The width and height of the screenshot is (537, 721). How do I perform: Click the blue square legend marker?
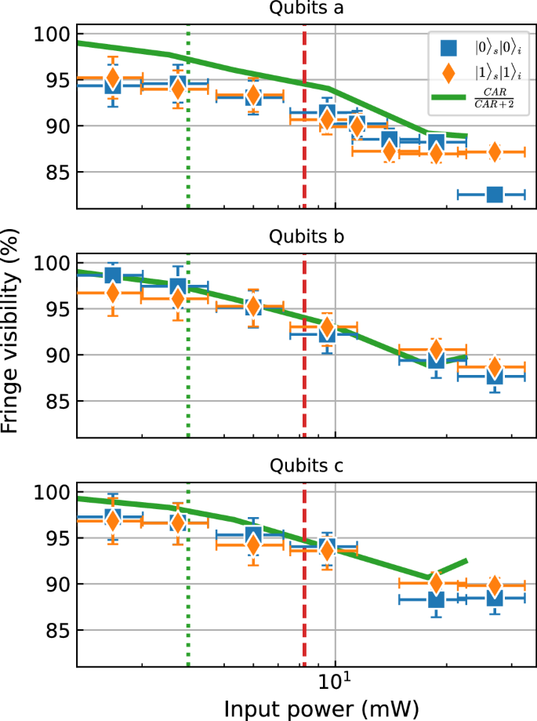(449, 49)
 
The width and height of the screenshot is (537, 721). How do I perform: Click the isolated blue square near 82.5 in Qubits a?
(495, 194)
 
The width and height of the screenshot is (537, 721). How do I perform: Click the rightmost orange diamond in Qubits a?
(495, 152)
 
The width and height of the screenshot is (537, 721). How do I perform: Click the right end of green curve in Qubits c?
(467, 560)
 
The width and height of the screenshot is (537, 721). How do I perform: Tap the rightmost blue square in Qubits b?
(495, 376)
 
